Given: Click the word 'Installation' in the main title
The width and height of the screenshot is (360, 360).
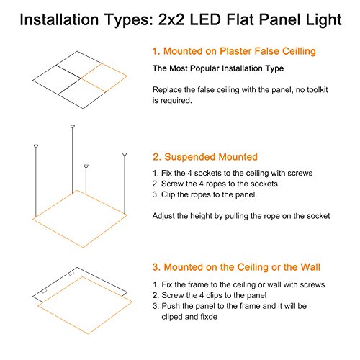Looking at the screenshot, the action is pyautogui.click(x=59, y=19).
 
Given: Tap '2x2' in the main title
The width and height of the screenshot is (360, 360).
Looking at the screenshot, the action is pyautogui.click(x=171, y=19).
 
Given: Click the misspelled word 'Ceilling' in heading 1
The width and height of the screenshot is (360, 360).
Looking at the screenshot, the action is pyautogui.click(x=299, y=51).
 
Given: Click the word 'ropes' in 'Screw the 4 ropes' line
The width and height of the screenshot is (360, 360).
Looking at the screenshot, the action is pyautogui.click(x=216, y=184).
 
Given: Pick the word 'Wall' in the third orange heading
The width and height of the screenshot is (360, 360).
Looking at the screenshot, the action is pyautogui.click(x=310, y=267).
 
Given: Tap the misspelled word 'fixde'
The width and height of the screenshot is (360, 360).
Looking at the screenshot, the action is pyautogui.click(x=209, y=317).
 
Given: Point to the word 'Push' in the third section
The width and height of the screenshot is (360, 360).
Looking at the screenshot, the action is pyautogui.click(x=170, y=306).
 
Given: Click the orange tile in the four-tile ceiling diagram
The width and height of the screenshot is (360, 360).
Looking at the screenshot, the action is pyautogui.click(x=104, y=78).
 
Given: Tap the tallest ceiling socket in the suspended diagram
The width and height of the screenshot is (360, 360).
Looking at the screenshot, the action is pyautogui.click(x=73, y=127).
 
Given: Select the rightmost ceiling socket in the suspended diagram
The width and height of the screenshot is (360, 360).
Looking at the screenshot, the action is pyautogui.click(x=125, y=154).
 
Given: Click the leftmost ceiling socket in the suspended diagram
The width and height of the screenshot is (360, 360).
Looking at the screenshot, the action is pyautogui.click(x=36, y=146).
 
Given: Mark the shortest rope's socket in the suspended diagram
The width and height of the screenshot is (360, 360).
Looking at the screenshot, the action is pyautogui.click(x=86, y=166).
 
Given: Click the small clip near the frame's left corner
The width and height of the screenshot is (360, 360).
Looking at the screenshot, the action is pyautogui.click(x=44, y=292).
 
